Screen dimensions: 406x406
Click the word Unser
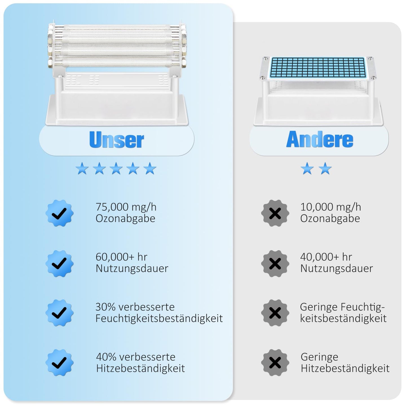[x=116, y=140]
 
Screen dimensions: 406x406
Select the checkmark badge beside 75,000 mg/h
[x=59, y=213]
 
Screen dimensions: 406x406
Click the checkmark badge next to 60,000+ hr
[x=59, y=263]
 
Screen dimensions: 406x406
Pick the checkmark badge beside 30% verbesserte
[x=59, y=313]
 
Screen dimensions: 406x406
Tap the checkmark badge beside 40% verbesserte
[x=59, y=363]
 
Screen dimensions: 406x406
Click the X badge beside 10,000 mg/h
[x=275, y=213]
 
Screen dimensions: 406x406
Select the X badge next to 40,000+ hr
[x=275, y=263]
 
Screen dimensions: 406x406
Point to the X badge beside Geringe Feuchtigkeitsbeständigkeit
[x=275, y=313]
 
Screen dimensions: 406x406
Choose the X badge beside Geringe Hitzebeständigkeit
[x=275, y=363]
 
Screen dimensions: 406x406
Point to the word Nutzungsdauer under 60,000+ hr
[x=132, y=268]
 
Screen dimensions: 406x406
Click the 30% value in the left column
[x=105, y=307]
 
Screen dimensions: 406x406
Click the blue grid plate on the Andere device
[x=318, y=67]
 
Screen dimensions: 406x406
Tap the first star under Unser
[x=82, y=168]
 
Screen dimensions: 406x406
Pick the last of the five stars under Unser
[x=150, y=168]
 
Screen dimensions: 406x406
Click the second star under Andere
[x=325, y=168]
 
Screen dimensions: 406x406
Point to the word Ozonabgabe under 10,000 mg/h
[x=330, y=219]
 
